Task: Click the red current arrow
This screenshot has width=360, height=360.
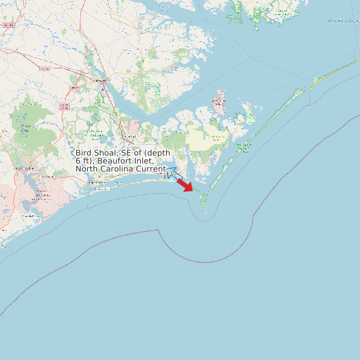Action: (x=186, y=185)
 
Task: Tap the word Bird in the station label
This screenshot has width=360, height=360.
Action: (x=83, y=153)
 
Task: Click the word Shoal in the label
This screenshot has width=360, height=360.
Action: (x=105, y=153)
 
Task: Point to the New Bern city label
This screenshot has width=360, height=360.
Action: (x=101, y=80)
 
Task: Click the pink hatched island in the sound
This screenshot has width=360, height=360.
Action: (x=219, y=104)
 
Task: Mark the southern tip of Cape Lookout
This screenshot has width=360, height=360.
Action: (x=205, y=212)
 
